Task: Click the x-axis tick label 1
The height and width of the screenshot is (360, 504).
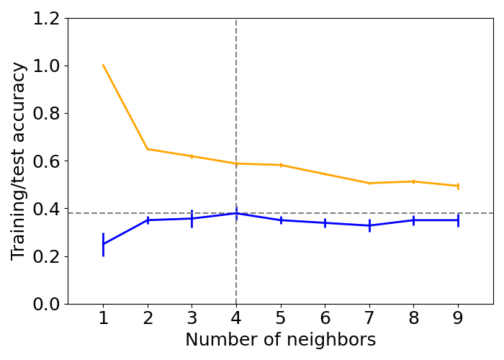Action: [103, 318]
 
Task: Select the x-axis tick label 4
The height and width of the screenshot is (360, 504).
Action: [236, 318]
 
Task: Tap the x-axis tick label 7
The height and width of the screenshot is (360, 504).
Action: [369, 318]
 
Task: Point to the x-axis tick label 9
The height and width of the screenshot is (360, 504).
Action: [458, 318]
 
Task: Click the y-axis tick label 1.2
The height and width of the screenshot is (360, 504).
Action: [48, 19]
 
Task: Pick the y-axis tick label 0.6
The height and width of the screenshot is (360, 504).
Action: [48, 161]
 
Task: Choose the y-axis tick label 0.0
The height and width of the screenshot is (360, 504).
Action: [48, 304]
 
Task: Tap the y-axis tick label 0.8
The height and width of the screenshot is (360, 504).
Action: [48, 114]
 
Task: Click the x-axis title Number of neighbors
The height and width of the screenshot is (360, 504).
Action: [280, 340]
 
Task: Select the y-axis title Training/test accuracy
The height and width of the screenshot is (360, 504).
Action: [19, 161]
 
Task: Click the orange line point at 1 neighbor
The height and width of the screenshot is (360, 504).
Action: [103, 66]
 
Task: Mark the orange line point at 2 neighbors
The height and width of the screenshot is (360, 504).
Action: [148, 149]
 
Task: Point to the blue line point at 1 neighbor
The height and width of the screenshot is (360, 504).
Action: [103, 244]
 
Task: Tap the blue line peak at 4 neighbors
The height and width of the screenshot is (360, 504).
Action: [236, 213]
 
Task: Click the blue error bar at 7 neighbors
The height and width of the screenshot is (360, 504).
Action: [369, 225]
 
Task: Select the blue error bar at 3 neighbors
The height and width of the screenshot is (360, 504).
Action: [192, 218]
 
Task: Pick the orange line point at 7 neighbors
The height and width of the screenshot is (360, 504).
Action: [369, 183]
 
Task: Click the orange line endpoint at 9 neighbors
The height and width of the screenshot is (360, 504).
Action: [458, 186]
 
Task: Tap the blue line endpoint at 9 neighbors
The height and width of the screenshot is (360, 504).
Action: [458, 220]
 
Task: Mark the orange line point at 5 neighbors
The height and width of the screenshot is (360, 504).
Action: [281, 165]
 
